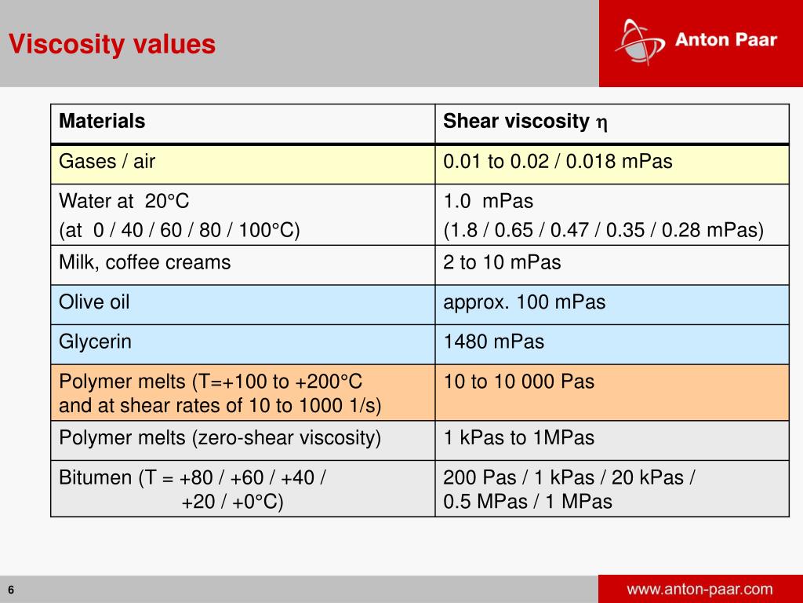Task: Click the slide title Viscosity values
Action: (x=112, y=44)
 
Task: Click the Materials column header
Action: (x=102, y=122)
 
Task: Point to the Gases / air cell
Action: (x=107, y=162)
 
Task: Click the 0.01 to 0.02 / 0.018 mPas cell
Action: (x=558, y=162)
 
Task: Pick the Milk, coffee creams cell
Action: (x=145, y=262)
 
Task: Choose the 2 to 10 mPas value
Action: (x=502, y=262)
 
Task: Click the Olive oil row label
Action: (x=94, y=302)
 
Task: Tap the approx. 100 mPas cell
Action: (x=524, y=302)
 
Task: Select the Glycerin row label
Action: (x=96, y=342)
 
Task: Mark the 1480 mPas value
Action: (x=493, y=342)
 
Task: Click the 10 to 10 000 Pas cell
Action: (x=518, y=382)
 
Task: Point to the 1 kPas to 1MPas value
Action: (x=518, y=438)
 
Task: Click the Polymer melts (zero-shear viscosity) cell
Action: (x=220, y=438)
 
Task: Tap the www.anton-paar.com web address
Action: (x=699, y=589)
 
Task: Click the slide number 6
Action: (x=12, y=590)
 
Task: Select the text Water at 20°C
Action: (x=124, y=202)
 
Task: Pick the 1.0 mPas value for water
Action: (x=488, y=202)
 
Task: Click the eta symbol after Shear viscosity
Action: (x=601, y=123)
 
